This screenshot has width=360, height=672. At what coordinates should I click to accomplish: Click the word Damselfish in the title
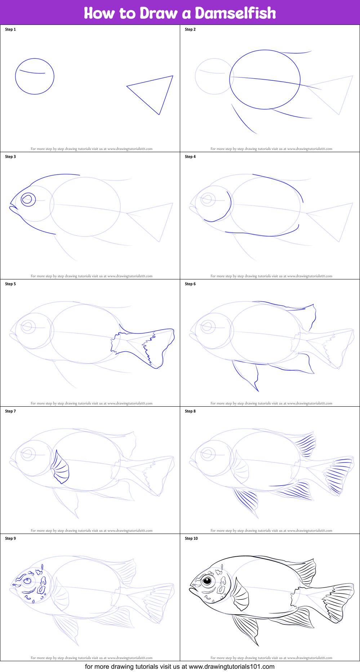point(235,13)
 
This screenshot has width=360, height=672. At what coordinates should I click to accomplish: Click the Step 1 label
point(10,30)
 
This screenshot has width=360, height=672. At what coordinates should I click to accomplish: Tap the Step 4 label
point(190,157)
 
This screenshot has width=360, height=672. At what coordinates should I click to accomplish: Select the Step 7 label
point(10,411)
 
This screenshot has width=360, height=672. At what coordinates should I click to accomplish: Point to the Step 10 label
point(191,539)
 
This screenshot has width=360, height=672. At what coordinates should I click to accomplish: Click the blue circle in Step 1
point(35,76)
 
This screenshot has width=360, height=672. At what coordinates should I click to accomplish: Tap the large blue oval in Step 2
point(265,80)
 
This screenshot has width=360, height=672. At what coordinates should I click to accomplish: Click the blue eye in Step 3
point(28,199)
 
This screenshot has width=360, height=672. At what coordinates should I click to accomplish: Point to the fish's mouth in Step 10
point(192,589)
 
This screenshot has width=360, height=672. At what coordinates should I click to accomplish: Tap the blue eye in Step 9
point(27,581)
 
